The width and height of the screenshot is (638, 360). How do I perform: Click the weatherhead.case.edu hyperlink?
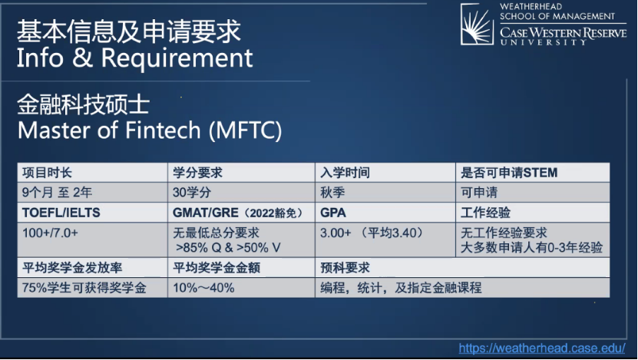[x=542, y=348]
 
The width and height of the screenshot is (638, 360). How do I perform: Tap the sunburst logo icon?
[x=477, y=24]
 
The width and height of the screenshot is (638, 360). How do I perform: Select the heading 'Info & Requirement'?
[x=134, y=58]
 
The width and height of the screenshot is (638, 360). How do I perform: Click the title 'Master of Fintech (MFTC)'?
[x=150, y=130]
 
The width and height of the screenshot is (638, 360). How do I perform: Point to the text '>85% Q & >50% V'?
[x=228, y=247]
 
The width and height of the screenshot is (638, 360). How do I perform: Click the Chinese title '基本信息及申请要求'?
[x=129, y=31]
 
